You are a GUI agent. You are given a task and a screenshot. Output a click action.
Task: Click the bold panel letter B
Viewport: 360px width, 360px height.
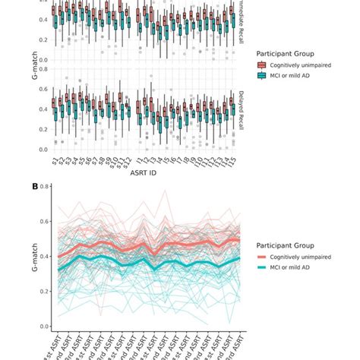pos(34,185)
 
